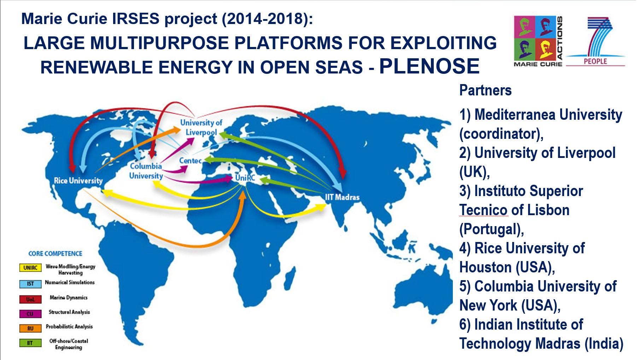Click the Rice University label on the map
pos(78,181)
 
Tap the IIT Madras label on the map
pos(342,197)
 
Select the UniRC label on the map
pos(245,178)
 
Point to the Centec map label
pos(190,161)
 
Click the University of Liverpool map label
pos(201,128)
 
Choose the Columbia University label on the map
pos(146,171)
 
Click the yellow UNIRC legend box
pos(30,268)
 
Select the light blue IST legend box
pos(30,284)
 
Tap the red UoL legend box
pos(30,300)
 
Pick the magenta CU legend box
pos(30,314)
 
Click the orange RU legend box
pos(30,329)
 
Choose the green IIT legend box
pos(30,343)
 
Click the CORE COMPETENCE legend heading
pos(55,254)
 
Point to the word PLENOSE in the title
pos(429,66)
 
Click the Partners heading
pos(485,90)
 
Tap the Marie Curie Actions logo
pos(537,41)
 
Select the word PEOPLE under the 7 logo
pos(595,61)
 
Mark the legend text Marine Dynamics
pos(69,297)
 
